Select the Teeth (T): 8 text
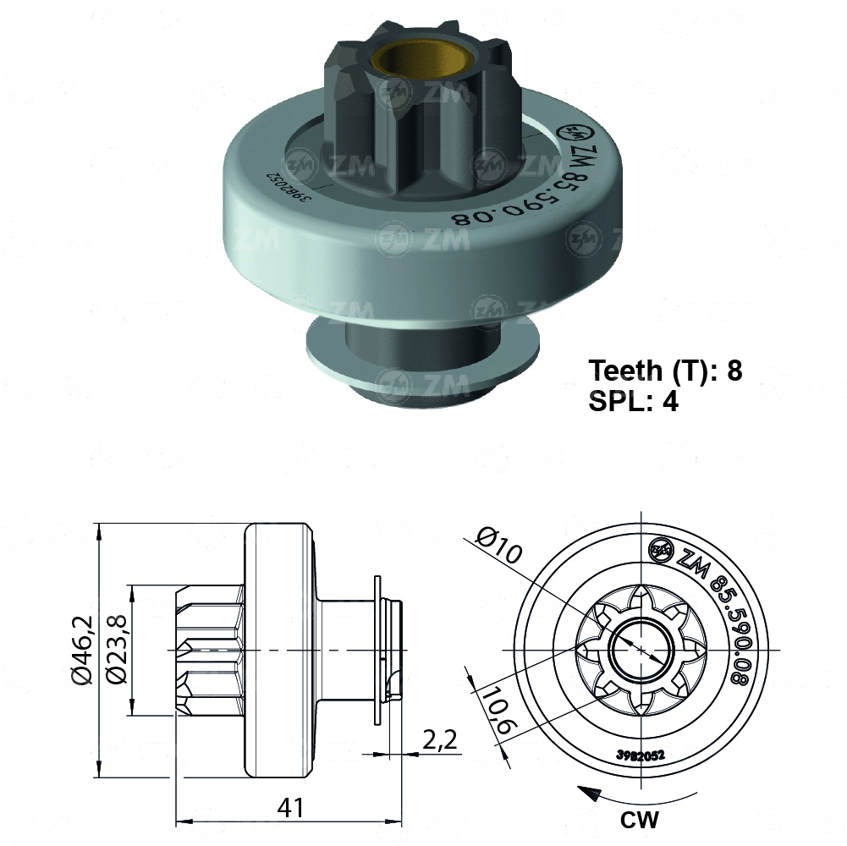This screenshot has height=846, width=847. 665,371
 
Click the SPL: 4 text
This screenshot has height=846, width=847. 634,400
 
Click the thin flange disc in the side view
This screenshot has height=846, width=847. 377,650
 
